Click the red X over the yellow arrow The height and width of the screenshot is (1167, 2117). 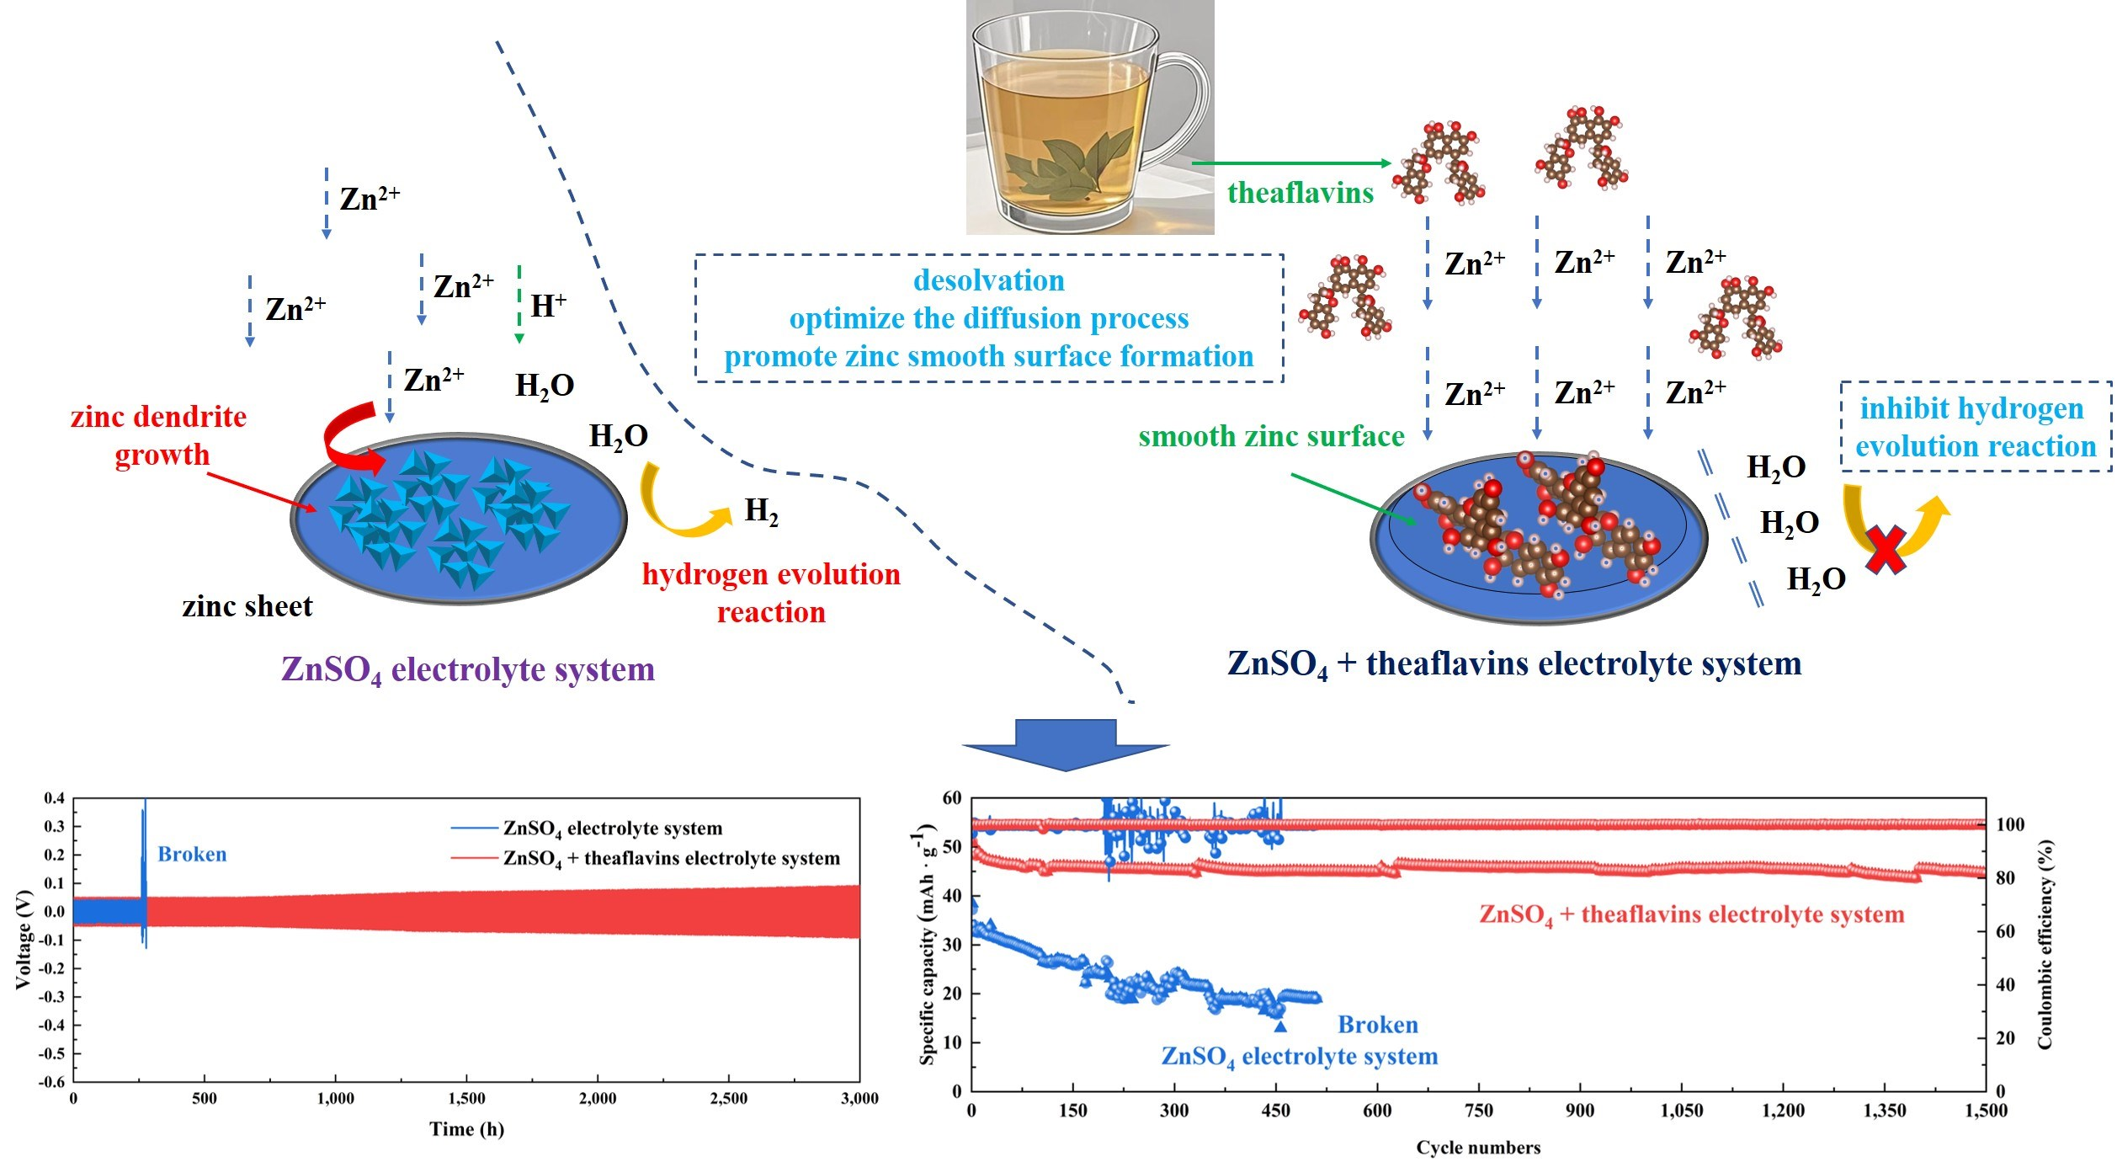coord(1886,550)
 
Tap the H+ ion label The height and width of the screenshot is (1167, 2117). coord(548,306)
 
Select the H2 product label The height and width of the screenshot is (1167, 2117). coord(761,511)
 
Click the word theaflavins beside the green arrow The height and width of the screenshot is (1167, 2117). coord(1300,193)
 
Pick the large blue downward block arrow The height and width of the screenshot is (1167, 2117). coord(1066,743)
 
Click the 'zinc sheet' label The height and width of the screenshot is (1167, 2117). coord(247,606)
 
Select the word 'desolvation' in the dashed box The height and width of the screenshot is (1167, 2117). coord(988,280)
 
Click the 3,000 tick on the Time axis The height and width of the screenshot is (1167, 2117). coord(859,1099)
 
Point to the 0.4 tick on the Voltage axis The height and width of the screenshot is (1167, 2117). coord(55,798)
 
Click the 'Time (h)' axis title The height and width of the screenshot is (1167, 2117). coord(466,1129)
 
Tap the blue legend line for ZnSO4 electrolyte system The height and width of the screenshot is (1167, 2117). coord(475,829)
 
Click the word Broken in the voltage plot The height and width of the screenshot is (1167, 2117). coord(192,855)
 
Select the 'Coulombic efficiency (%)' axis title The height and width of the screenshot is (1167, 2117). coord(2045,944)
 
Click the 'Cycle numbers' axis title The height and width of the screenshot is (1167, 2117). coord(1478,1148)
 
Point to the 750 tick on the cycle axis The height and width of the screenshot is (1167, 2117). coord(1478,1111)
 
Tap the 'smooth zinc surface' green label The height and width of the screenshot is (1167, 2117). coord(1271,436)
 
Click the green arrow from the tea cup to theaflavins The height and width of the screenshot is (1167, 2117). coord(1292,163)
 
